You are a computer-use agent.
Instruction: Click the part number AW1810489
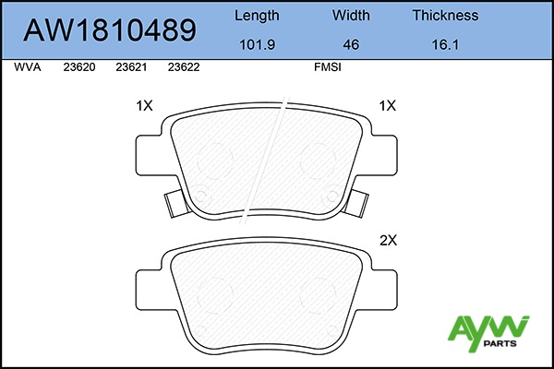coord(110,30)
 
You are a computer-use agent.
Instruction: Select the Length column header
coord(257,16)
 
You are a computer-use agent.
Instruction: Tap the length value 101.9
coord(258,45)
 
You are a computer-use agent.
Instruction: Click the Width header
coord(351,15)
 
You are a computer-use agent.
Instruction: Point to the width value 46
coord(351,45)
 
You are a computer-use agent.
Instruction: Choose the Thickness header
coord(445,15)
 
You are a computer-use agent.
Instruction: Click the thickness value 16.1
coord(445,45)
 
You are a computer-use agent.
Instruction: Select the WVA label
coord(28,67)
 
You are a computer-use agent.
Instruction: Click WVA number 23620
coord(79,67)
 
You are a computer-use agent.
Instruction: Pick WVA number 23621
coord(131,67)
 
